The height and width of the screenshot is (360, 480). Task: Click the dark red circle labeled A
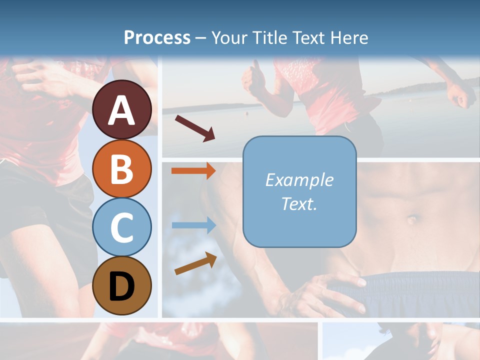click(121, 109)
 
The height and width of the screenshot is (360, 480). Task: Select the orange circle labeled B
click(121, 168)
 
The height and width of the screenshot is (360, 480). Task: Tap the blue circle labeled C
click(121, 227)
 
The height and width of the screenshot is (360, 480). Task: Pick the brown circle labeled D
click(121, 286)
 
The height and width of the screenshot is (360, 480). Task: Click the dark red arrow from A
click(195, 128)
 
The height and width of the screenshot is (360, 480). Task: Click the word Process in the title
click(157, 37)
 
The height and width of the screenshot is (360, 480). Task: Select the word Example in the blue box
click(299, 180)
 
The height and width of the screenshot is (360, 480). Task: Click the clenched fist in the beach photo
click(461, 95)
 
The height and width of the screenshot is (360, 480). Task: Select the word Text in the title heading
click(307, 37)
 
